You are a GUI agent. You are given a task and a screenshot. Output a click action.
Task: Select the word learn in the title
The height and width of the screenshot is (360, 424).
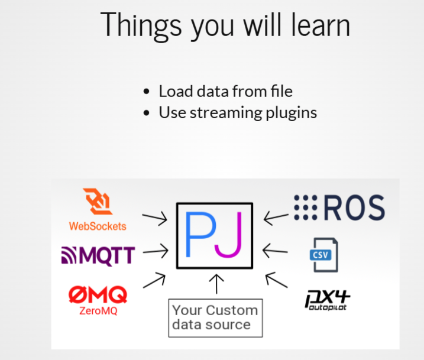pyautogui.click(x=319, y=24)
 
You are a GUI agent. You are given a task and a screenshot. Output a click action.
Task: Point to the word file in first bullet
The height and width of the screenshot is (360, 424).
pyautogui.click(x=280, y=91)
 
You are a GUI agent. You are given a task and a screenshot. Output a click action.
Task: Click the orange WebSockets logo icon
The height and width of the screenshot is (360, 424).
pyautogui.click(x=98, y=203)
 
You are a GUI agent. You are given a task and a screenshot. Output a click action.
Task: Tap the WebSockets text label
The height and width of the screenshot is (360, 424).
pyautogui.click(x=98, y=226)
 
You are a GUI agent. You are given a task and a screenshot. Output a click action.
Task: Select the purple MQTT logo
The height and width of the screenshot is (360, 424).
pyautogui.click(x=98, y=256)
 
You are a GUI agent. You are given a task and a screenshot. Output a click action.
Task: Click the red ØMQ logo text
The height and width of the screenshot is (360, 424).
pyautogui.click(x=98, y=294)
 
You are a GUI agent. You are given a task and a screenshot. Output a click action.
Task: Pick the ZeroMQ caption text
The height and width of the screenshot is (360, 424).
pyautogui.click(x=98, y=310)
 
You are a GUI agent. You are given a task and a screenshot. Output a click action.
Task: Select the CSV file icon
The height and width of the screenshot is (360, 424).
pyautogui.click(x=323, y=254)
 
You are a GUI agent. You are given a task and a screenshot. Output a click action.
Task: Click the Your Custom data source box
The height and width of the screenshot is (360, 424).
pyautogui.click(x=215, y=318)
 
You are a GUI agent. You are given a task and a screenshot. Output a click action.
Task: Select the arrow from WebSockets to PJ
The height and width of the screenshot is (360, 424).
pyautogui.click(x=155, y=218)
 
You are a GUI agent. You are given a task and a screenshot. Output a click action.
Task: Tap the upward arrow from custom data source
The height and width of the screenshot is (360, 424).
pyautogui.click(x=217, y=284)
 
